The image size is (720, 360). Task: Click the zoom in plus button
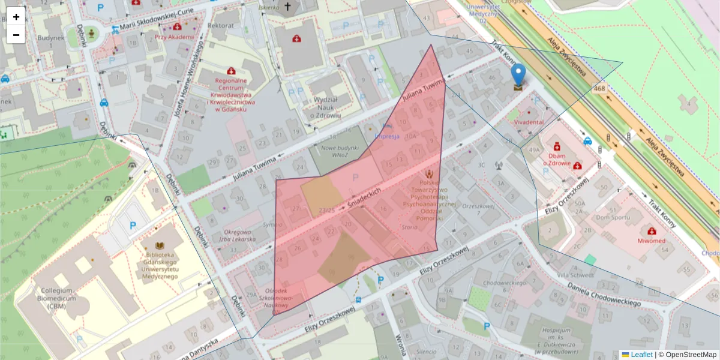[16, 16]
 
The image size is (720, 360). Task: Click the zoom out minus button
[16, 35]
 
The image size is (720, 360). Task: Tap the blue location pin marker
[518, 76]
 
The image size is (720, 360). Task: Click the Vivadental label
[529, 122]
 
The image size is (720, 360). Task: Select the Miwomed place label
[652, 241]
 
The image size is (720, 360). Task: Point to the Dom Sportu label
[611, 217]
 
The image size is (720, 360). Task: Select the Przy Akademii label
[175, 37]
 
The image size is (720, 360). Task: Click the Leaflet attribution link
[640, 355]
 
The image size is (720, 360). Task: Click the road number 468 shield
[599, 89]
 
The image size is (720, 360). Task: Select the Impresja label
[387, 136]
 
